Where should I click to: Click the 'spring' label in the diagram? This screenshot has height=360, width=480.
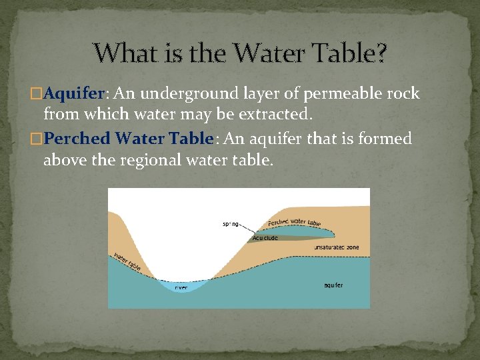(x=231, y=224)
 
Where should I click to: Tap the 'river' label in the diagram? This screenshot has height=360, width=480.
(x=181, y=287)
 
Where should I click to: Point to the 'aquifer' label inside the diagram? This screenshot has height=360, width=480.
(x=333, y=285)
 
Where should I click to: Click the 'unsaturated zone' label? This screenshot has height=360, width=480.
(x=336, y=247)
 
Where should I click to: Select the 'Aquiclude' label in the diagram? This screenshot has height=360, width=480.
(x=265, y=237)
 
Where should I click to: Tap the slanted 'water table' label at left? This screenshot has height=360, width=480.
(x=126, y=262)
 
